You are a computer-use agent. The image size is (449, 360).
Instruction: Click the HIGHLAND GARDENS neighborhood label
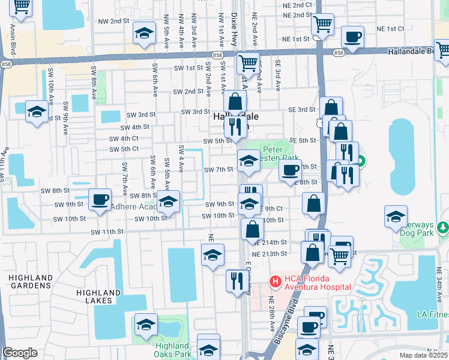31,281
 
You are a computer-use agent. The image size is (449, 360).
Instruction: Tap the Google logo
20,353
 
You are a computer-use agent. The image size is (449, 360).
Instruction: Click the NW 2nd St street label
114,20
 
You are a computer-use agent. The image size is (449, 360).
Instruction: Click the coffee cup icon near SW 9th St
100,199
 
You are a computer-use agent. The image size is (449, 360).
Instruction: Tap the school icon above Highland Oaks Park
145,325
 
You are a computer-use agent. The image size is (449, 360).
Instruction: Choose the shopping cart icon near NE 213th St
340,255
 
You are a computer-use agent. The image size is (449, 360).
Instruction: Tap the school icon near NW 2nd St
144,34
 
